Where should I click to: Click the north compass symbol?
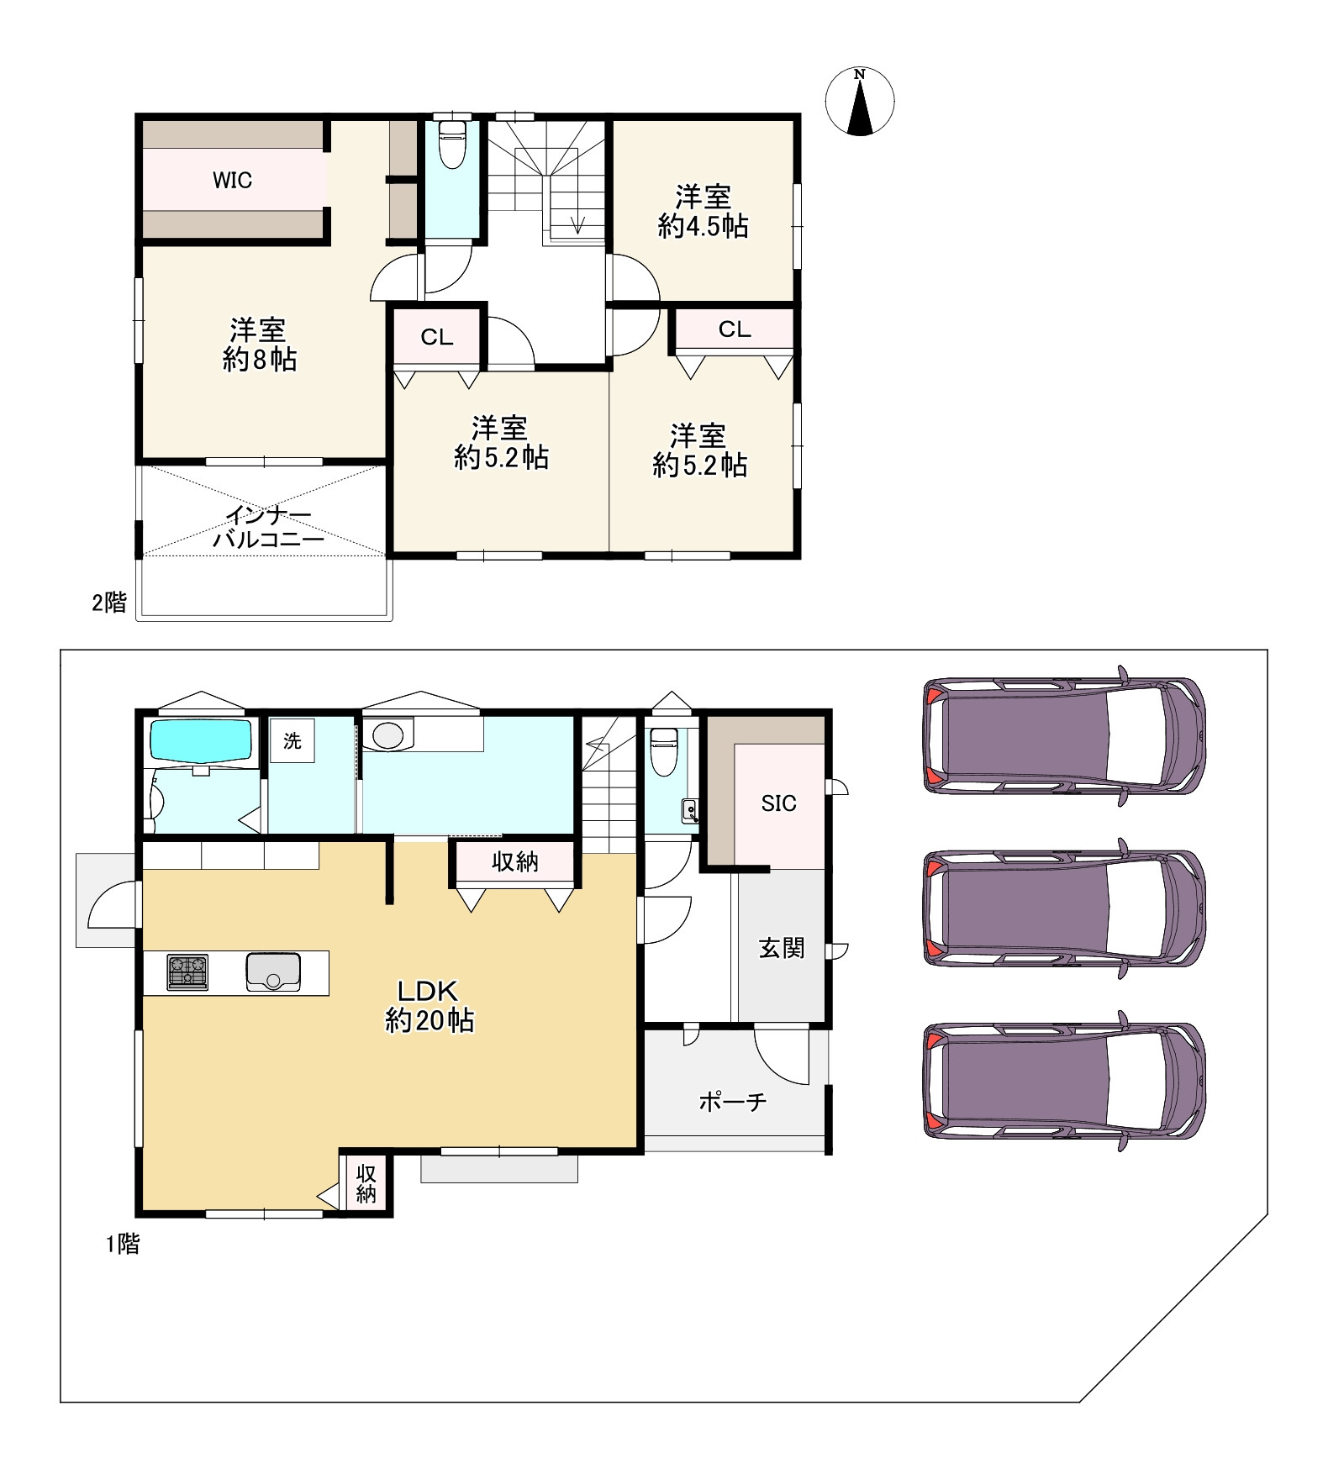(x=859, y=102)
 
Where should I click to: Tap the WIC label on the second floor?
(x=232, y=180)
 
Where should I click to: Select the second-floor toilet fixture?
(x=452, y=144)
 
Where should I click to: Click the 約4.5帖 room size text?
(x=703, y=226)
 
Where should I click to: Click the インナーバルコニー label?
(x=268, y=528)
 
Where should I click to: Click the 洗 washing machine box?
(x=292, y=740)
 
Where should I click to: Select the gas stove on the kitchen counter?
(x=187, y=972)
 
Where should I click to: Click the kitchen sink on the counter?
(x=273, y=972)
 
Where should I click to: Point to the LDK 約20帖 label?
(x=429, y=1005)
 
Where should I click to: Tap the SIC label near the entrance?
(x=778, y=803)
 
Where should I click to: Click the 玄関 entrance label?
(x=782, y=948)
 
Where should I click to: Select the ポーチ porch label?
(x=733, y=1101)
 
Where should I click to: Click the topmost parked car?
(x=1065, y=736)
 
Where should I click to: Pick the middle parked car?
(x=1065, y=908)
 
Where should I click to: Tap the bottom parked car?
(x=1065, y=1081)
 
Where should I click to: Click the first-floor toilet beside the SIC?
(x=664, y=751)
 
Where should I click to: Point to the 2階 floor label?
(x=109, y=602)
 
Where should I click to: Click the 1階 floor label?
(x=123, y=1244)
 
